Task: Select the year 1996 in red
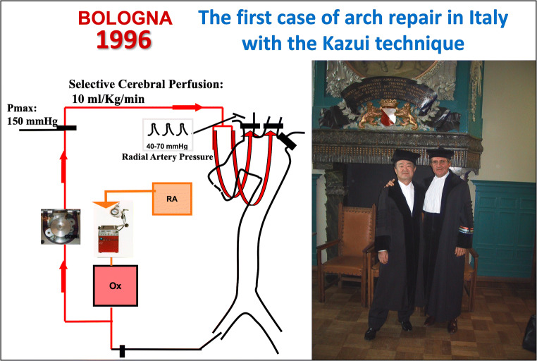pos(123,40)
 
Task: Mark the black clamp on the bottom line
pos(121,350)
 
